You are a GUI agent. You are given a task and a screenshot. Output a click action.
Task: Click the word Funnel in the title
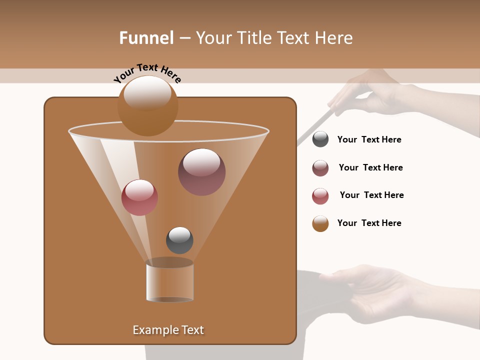click(x=146, y=38)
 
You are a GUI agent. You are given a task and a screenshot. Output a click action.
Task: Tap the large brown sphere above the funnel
click(x=147, y=105)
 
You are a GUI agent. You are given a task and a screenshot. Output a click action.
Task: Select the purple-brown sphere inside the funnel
click(x=201, y=171)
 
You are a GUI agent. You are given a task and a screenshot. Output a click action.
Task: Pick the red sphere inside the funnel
click(x=139, y=197)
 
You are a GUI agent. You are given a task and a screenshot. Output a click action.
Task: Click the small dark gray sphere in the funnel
click(x=179, y=240)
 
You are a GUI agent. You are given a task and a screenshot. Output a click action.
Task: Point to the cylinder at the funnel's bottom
click(x=169, y=281)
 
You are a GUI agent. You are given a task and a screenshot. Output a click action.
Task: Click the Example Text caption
click(x=168, y=330)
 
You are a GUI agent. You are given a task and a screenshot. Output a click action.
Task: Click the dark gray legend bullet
click(x=320, y=139)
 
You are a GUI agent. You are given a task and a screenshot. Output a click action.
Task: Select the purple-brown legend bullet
click(x=320, y=168)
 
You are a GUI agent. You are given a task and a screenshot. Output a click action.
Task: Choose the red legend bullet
click(x=320, y=196)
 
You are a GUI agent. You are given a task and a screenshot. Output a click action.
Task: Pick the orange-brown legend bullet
click(x=320, y=223)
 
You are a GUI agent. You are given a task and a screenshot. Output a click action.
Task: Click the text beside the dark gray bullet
click(x=369, y=139)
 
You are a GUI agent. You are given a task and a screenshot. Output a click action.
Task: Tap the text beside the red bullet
click(x=371, y=195)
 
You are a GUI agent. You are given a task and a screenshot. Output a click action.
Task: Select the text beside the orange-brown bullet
click(x=369, y=223)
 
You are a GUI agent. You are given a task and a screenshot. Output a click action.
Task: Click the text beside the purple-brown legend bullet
click(x=370, y=167)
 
